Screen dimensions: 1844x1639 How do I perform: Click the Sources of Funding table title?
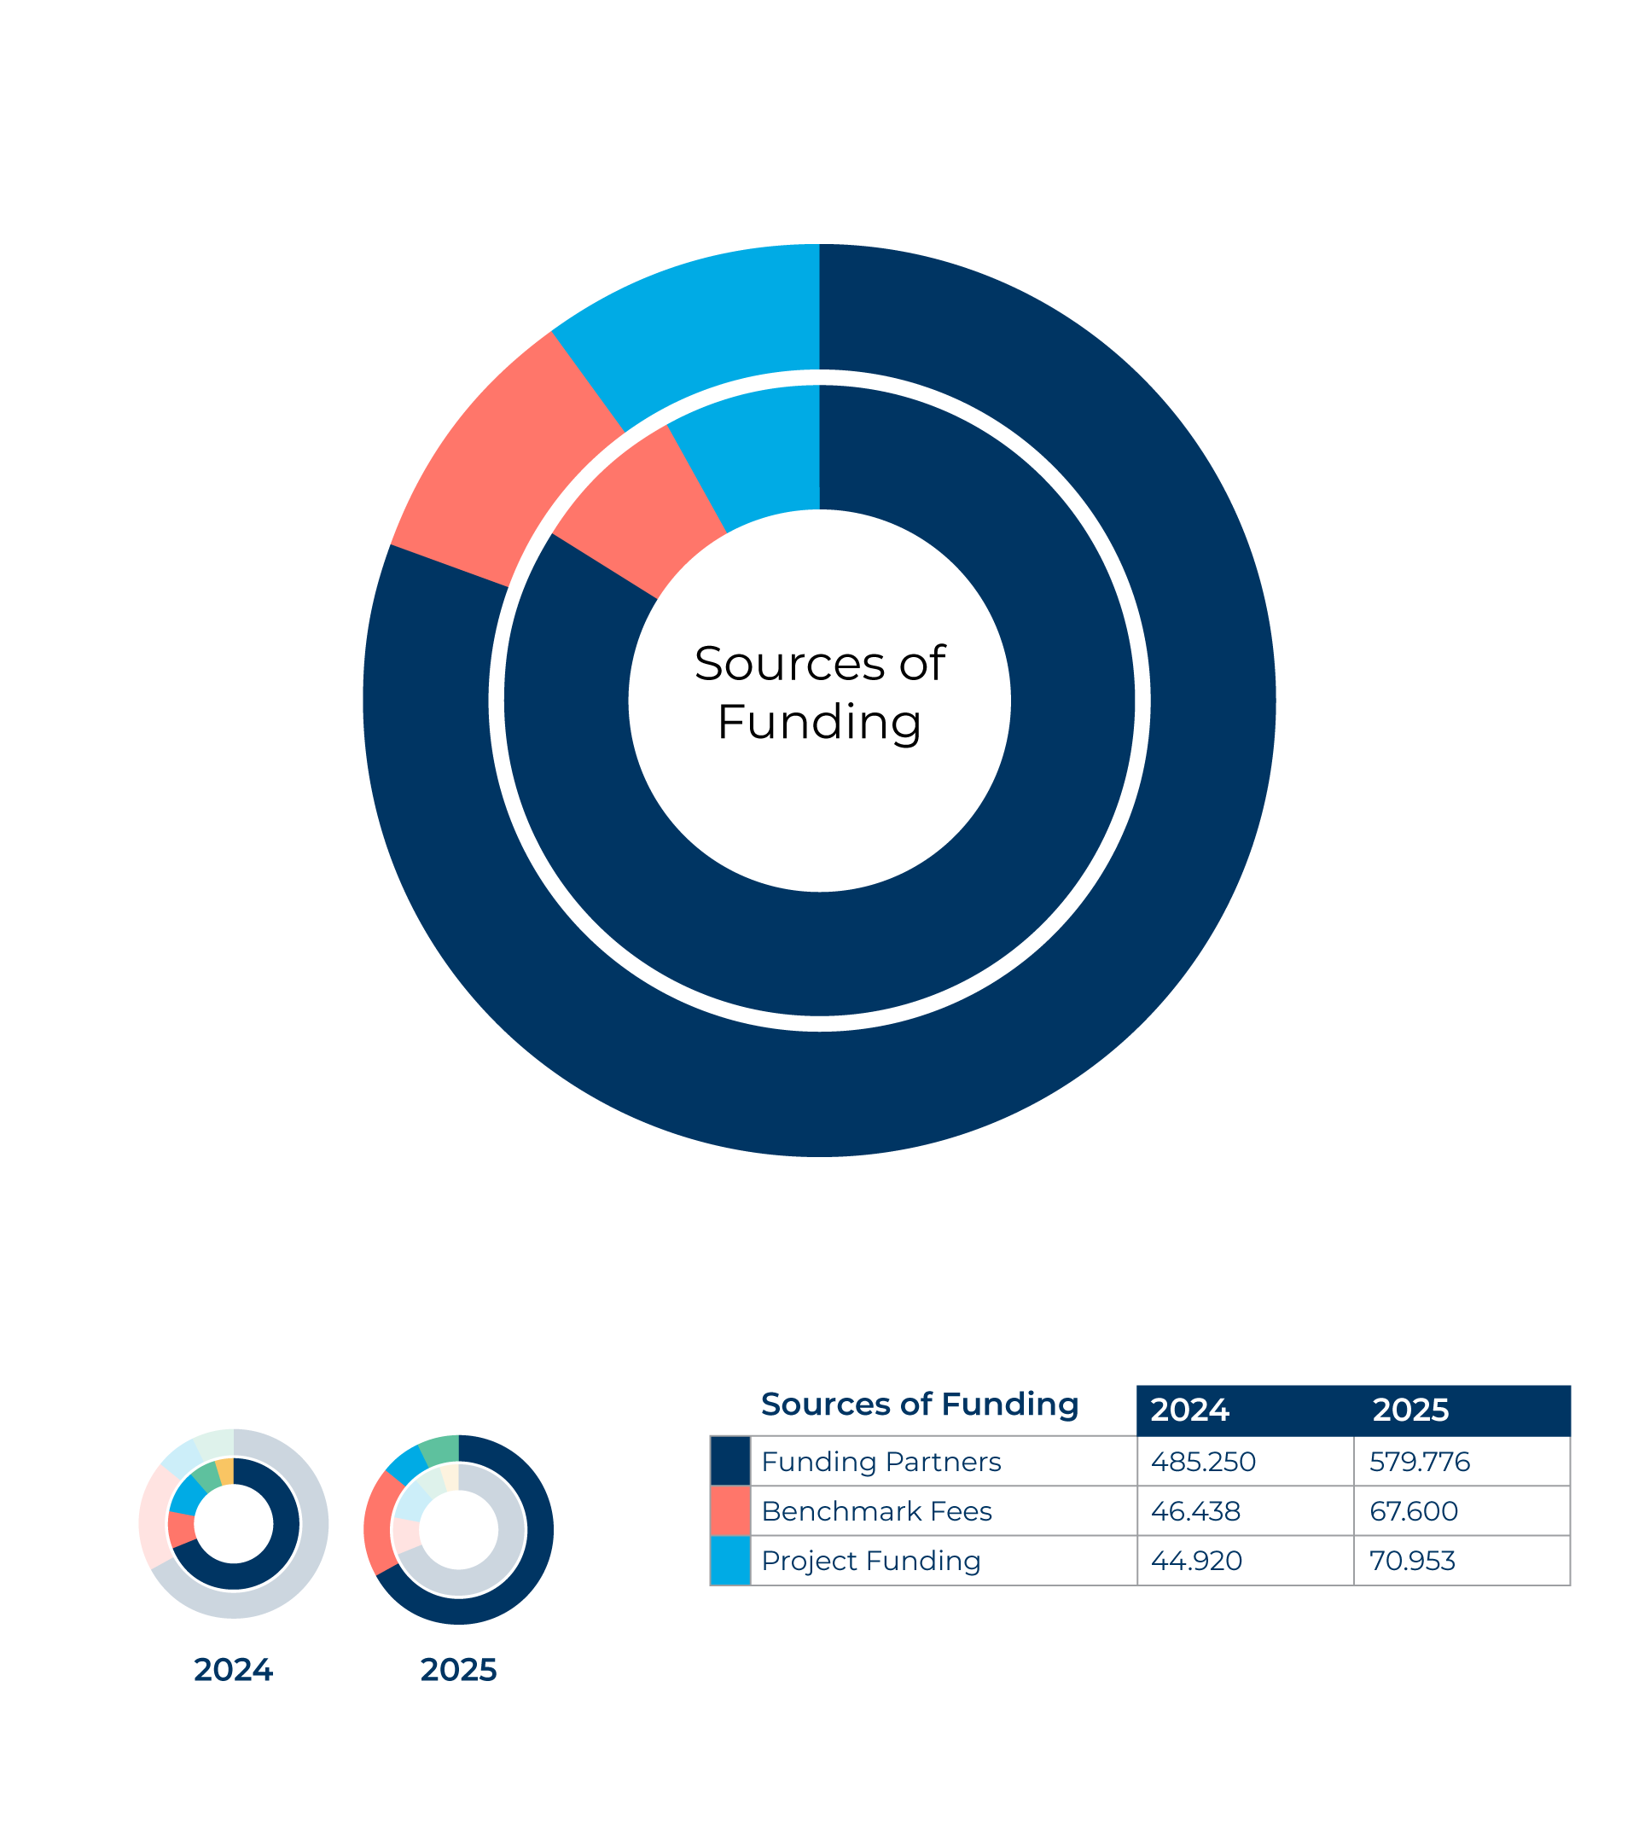pos(919,1405)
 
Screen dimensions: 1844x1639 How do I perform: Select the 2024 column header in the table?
pos(1189,1410)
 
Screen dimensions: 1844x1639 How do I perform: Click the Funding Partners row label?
pos(881,1462)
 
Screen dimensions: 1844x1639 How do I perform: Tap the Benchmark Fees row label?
pos(876,1511)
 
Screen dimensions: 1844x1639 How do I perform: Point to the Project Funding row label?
pos(870,1561)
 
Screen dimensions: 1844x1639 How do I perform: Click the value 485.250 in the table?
pos(1202,1462)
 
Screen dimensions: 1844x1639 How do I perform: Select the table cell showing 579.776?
pos(1419,1462)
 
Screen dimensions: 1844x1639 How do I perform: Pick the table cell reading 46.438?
pos(1195,1511)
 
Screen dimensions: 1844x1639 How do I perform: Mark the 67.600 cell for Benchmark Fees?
pos(1414,1511)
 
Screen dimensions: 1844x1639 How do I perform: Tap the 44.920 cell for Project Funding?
pos(1196,1561)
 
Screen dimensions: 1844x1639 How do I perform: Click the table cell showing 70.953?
pos(1412,1561)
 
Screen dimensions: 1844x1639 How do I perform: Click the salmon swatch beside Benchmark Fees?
pos(729,1511)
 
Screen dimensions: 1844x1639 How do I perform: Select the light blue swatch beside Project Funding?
pos(729,1561)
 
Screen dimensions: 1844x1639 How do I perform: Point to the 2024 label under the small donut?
pos(233,1670)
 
